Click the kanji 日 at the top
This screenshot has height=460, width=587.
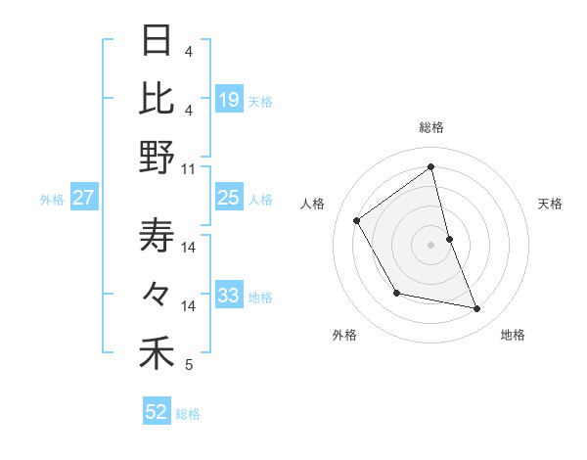tap(157, 41)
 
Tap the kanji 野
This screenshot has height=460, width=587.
tap(157, 157)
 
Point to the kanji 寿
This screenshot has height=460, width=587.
tap(157, 235)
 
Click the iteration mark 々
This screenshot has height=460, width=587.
tap(157, 293)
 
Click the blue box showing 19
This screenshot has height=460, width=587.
tap(229, 99)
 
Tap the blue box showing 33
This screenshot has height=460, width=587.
tap(229, 296)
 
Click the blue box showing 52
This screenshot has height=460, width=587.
tap(157, 412)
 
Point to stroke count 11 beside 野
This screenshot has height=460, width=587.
tap(189, 168)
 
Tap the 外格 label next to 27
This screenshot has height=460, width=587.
tap(52, 200)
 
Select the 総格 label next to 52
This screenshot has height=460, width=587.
tap(188, 414)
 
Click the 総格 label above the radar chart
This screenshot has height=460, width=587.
tap(431, 127)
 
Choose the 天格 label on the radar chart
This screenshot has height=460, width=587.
tap(551, 204)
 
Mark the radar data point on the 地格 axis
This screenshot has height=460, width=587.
tap(477, 309)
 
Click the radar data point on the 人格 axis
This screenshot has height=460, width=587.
tap(357, 220)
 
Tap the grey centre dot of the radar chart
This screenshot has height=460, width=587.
tap(431, 244)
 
